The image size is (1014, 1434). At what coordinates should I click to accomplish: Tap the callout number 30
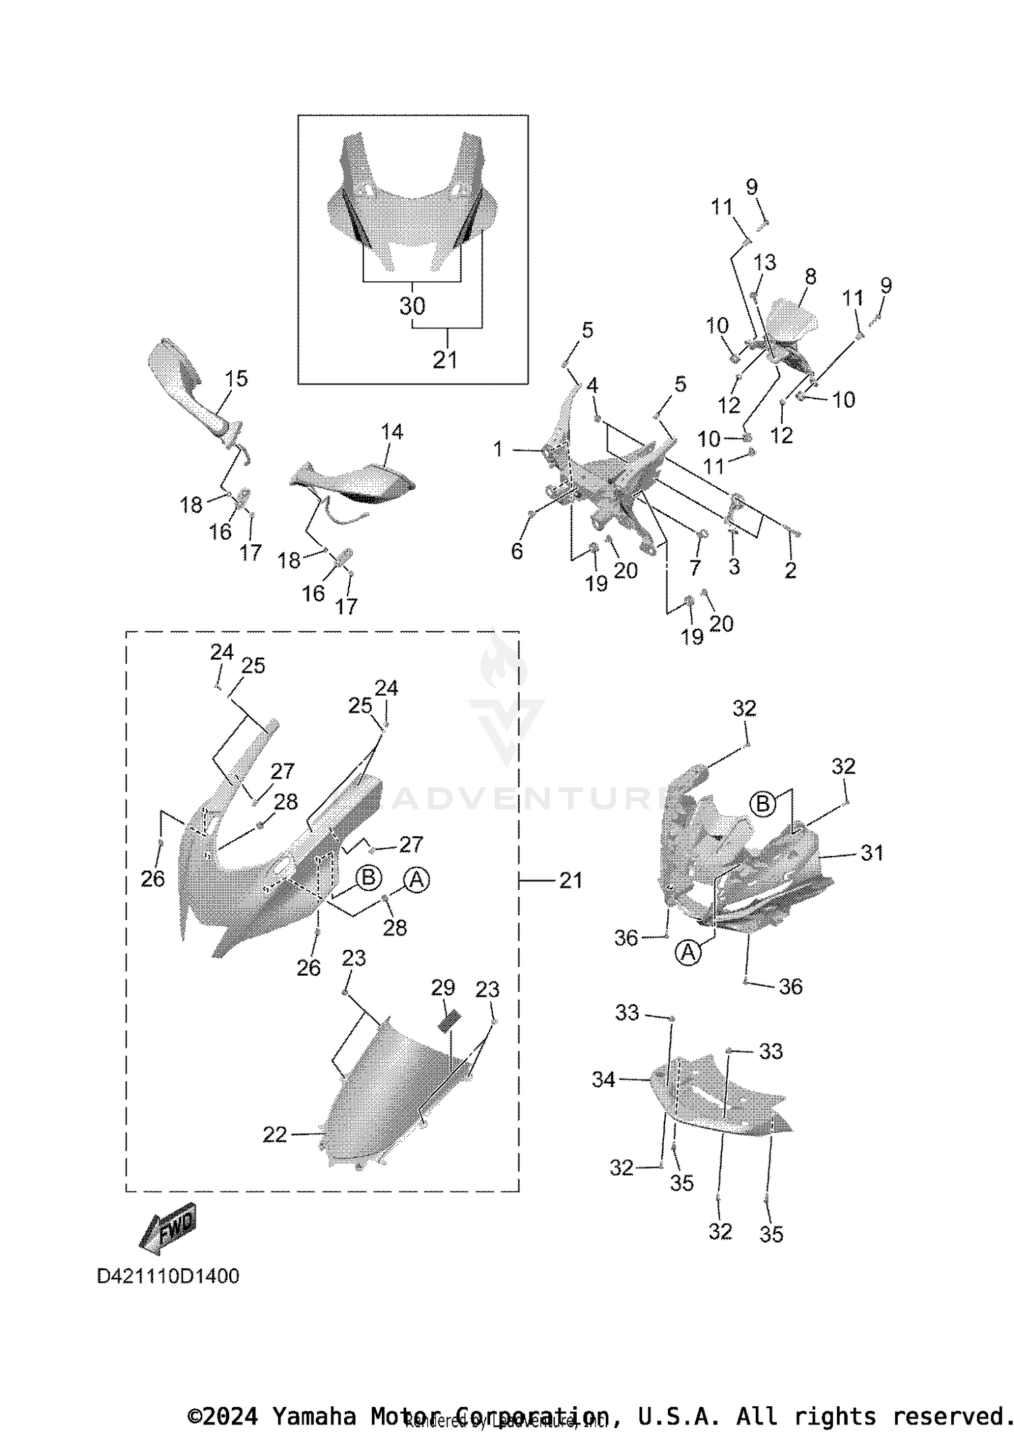tap(412, 306)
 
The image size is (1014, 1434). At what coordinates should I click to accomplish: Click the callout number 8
tap(811, 277)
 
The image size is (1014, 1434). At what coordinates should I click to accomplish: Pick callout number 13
tap(765, 262)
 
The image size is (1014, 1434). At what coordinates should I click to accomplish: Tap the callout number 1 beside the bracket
tap(498, 449)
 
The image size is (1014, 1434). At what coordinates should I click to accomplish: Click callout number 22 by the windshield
tap(275, 1134)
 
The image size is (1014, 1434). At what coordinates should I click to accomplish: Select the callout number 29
tap(443, 988)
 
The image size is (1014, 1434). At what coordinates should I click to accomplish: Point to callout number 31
tap(872, 853)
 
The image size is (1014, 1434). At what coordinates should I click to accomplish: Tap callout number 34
tap(604, 1080)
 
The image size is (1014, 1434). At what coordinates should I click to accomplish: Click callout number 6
tap(517, 552)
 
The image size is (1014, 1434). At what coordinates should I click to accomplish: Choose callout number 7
tap(695, 567)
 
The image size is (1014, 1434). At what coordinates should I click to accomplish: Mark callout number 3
tap(734, 566)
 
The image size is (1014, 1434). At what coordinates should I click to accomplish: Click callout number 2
tap(790, 570)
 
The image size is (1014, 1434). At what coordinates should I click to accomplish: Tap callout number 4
tap(592, 386)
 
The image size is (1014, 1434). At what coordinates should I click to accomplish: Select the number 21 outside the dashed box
tap(571, 880)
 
